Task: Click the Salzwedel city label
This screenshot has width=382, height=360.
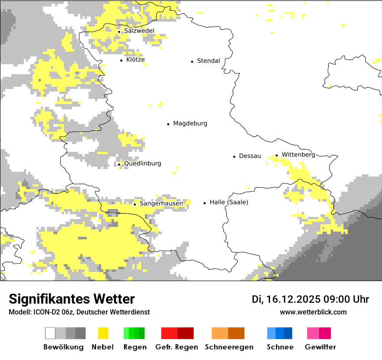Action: click(x=139, y=31)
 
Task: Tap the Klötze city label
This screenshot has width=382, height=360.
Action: click(x=135, y=59)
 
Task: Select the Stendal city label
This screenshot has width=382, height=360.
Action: click(x=208, y=61)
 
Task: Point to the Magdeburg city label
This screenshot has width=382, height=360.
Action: click(x=190, y=124)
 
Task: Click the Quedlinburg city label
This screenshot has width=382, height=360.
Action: click(x=142, y=164)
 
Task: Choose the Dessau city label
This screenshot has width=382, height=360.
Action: click(x=250, y=156)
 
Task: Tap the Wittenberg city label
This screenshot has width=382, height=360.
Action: click(x=298, y=155)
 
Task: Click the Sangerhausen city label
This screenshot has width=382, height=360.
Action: click(x=161, y=203)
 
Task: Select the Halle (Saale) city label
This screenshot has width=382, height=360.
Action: click(x=229, y=202)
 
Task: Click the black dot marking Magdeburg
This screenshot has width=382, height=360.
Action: click(x=168, y=124)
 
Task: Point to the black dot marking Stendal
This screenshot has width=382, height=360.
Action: click(x=192, y=62)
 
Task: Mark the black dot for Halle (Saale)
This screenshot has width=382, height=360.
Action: click(x=204, y=203)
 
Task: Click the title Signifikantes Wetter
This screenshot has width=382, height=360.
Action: click(x=72, y=299)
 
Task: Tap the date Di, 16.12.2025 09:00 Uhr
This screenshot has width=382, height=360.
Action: click(x=310, y=299)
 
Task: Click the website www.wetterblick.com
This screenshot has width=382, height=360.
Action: click(x=313, y=312)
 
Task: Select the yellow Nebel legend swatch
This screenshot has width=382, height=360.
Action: click(x=103, y=333)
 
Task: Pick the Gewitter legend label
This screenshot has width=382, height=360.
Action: click(x=320, y=347)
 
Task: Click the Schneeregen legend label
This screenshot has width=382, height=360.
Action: click(x=229, y=347)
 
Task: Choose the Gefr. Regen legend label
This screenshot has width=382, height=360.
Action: click(x=177, y=347)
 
